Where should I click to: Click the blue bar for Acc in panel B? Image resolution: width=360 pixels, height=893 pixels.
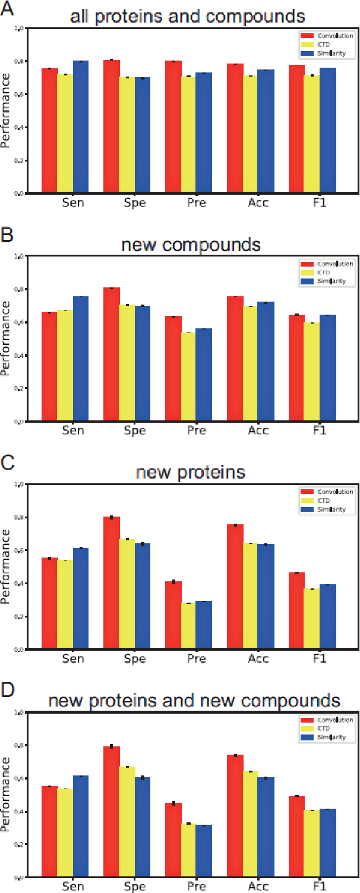pos(266,362)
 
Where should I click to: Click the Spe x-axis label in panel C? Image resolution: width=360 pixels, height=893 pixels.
pos(135,658)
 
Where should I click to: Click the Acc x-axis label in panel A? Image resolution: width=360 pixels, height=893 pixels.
pos(258,202)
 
